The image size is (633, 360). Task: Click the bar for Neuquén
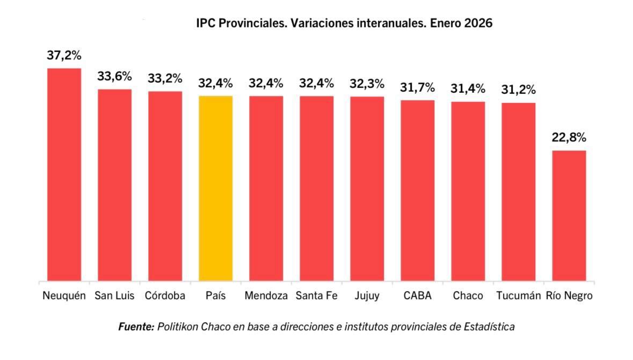coord(64,174)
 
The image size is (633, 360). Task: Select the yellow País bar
coord(215,188)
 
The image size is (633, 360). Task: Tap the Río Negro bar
coord(569,215)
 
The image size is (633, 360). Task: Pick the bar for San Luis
coord(114,185)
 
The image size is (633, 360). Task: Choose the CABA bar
coord(417,190)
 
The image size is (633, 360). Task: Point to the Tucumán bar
coord(518,192)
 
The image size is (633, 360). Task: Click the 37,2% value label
coord(64,56)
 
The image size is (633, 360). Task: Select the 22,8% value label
coord(569,137)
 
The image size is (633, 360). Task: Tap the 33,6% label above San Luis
coord(114,76)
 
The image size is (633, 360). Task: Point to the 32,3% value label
coord(367,84)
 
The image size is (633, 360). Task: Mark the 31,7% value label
coord(417,87)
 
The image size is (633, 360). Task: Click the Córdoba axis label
coord(165,296)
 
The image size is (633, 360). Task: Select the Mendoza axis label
coord(266,296)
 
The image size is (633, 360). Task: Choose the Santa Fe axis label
coord(316,296)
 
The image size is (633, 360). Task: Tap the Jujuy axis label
coord(367,296)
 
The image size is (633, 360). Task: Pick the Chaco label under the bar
coord(468,296)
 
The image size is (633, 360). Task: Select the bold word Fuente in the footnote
coord(136,327)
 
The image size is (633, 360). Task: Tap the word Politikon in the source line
coord(178,327)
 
